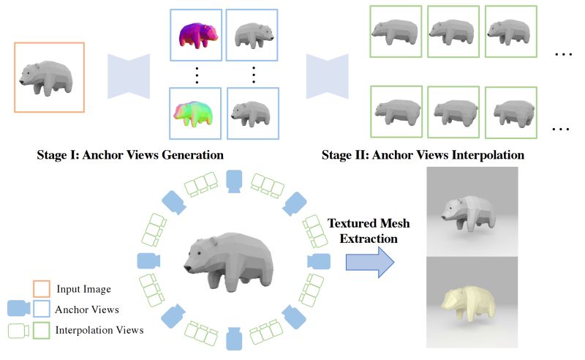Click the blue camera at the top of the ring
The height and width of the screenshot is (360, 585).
click(233, 180)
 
